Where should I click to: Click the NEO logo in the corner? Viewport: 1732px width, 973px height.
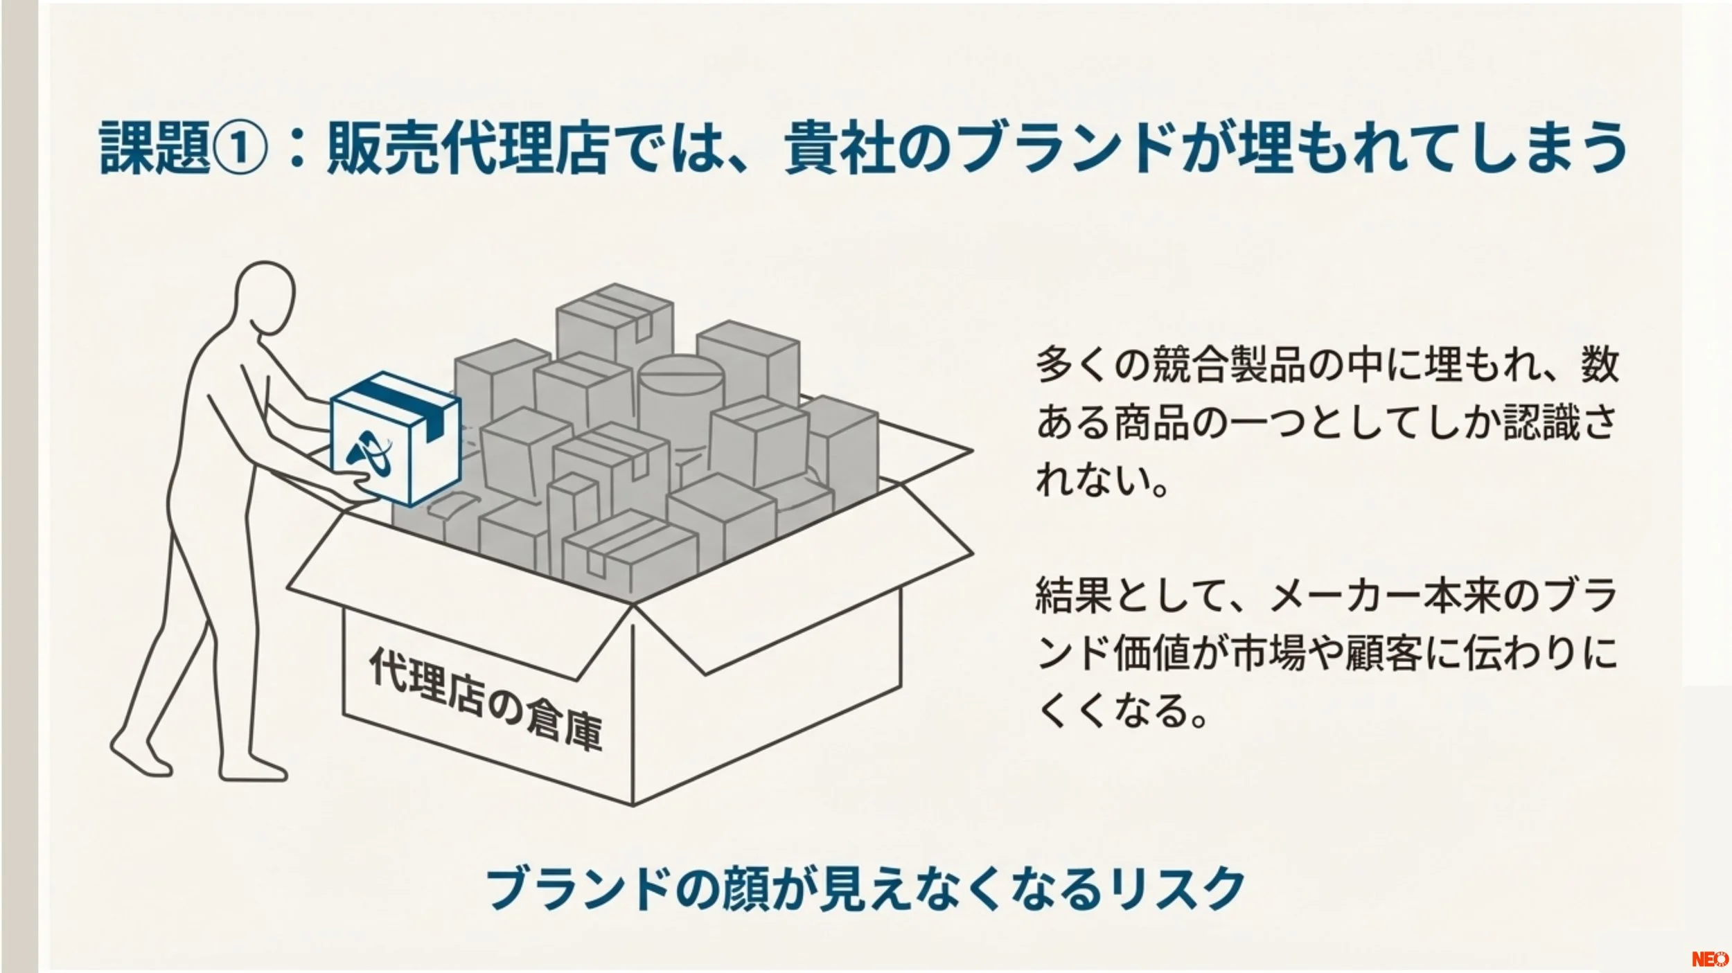point(1709,959)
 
